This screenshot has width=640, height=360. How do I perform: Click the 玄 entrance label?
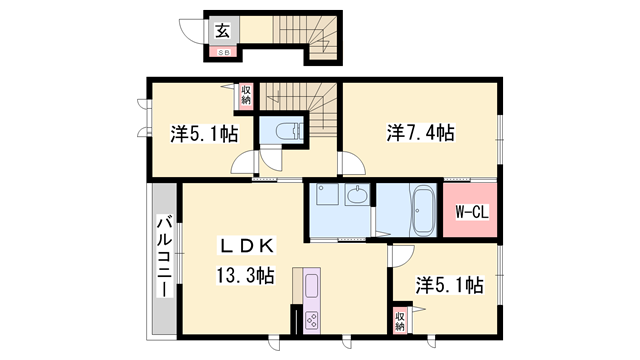click(x=220, y=29)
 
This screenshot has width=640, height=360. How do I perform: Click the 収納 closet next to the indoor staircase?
click(x=246, y=96)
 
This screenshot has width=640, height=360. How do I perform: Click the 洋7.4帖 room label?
click(x=421, y=132)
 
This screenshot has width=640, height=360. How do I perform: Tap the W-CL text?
click(x=471, y=211)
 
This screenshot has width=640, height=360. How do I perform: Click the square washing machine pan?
click(x=326, y=195)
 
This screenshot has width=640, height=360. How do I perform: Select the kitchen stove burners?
click(x=311, y=321)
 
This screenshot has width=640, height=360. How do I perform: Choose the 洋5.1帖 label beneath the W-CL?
click(x=450, y=286)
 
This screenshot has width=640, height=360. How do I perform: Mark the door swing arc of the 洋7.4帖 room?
click(x=351, y=162)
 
